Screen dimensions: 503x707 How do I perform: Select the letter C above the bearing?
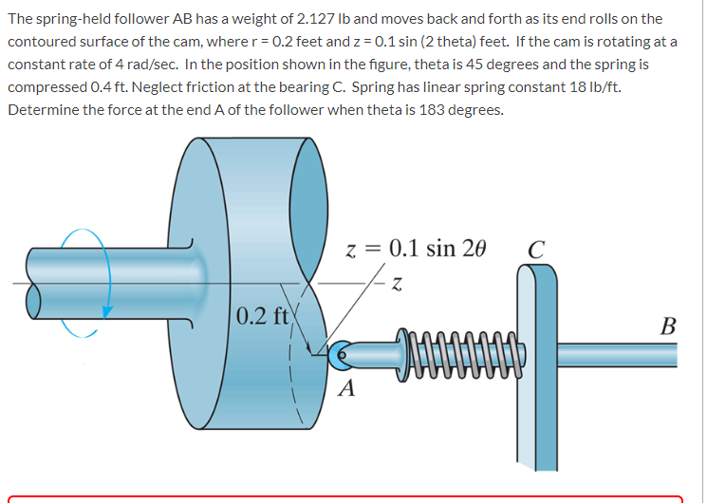[535, 251]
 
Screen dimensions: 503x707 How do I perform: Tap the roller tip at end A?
[343, 352]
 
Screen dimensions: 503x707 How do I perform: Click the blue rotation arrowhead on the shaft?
[107, 310]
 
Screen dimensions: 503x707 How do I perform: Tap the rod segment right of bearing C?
[617, 353]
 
